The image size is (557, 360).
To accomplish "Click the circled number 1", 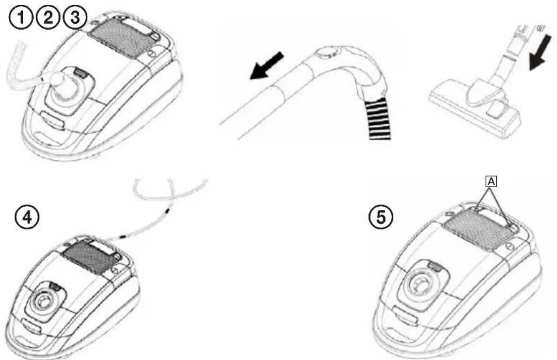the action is coord(21,18).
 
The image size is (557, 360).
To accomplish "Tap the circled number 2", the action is coord(48,18).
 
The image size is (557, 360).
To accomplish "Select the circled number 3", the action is coord(75,18).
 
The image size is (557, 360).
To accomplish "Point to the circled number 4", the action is coord(26,217).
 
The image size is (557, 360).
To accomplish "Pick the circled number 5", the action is coord(380,217).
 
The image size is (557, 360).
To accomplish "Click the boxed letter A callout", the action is coord(491,182).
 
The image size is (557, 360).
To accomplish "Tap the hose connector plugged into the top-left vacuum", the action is coord(58,82).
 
